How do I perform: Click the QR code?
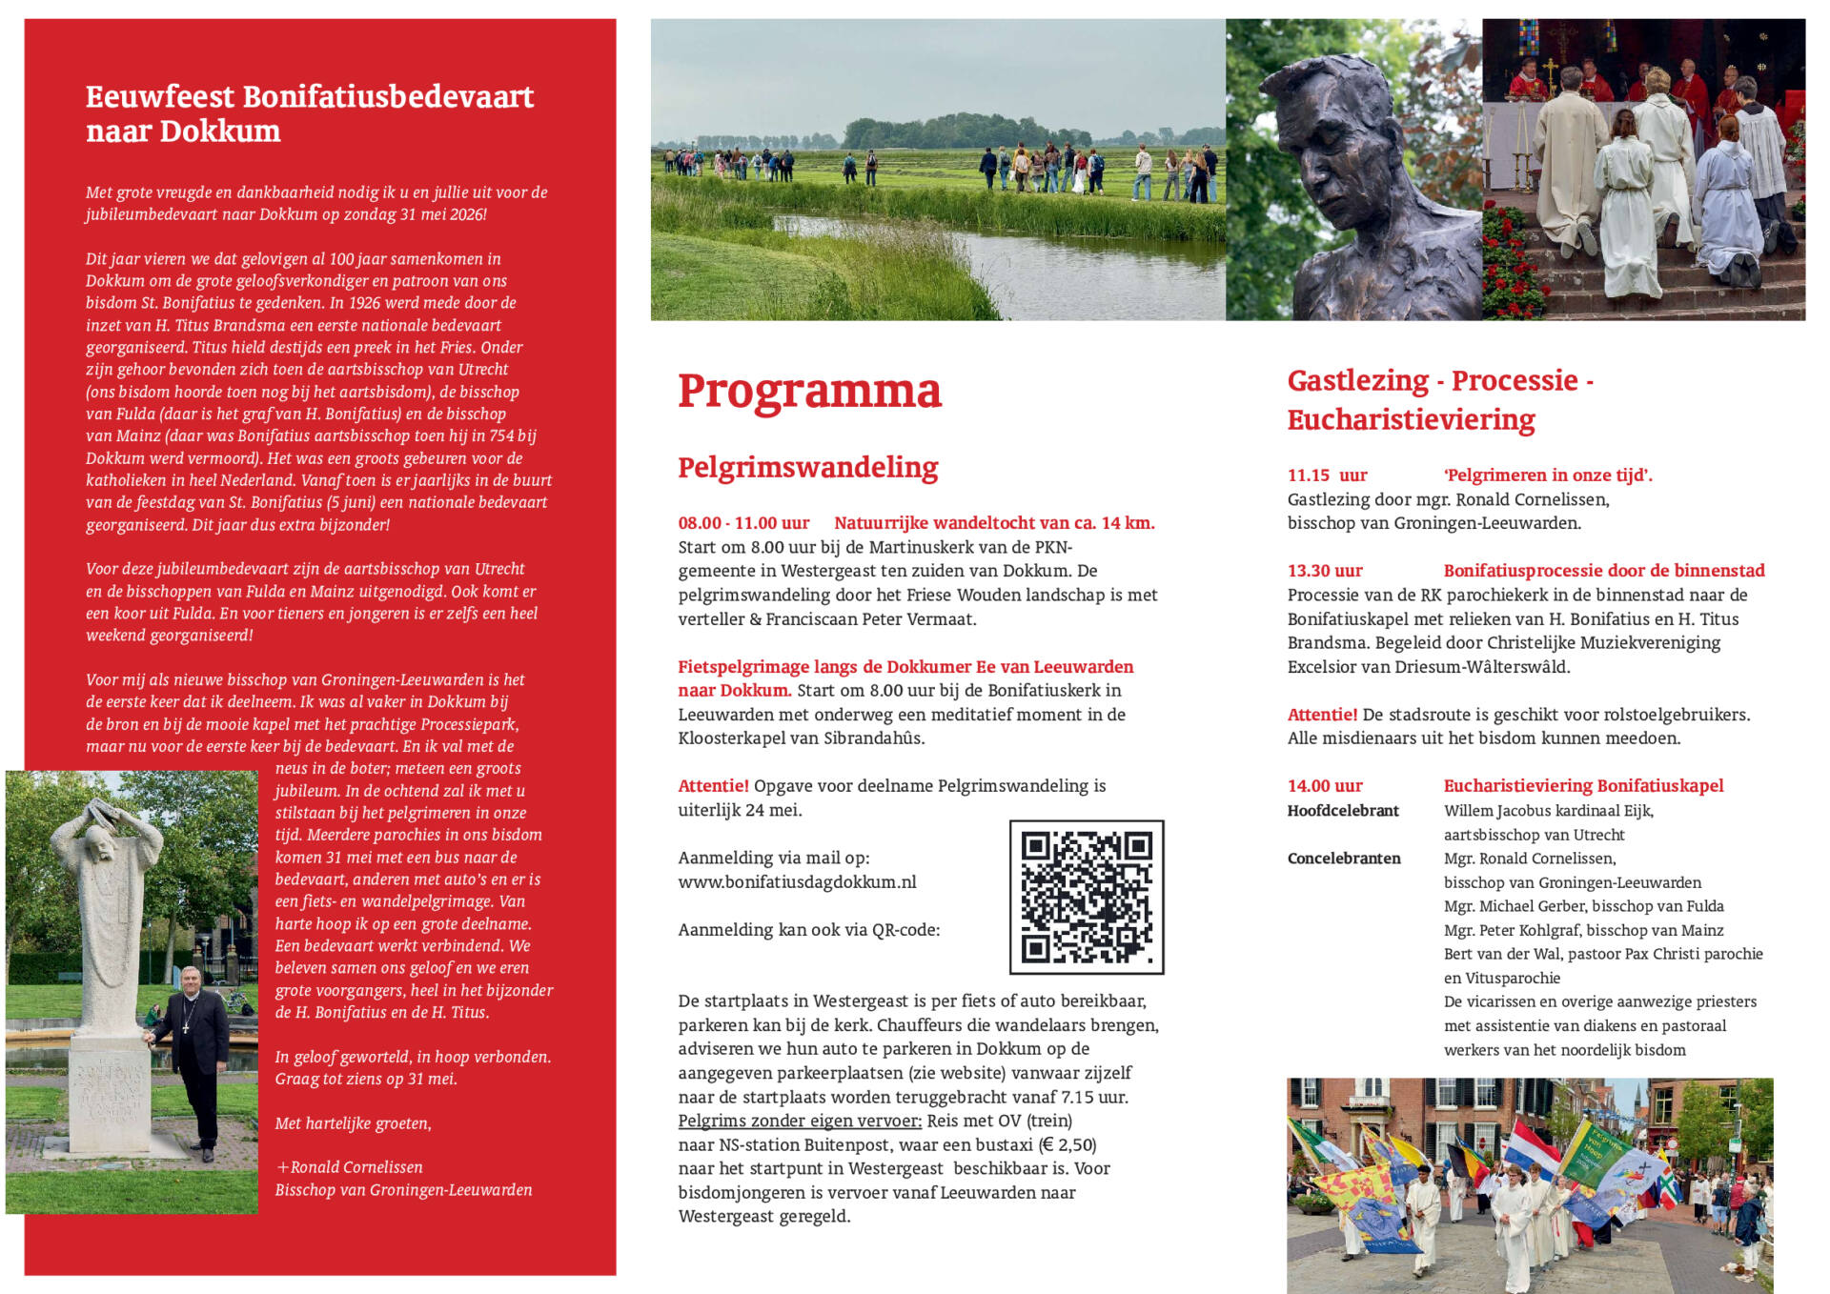tap(1087, 897)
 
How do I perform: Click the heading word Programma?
tap(809, 391)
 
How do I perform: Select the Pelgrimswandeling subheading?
tap(807, 467)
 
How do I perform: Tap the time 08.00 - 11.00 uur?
tap(743, 523)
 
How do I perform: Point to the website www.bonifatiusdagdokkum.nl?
tap(797, 882)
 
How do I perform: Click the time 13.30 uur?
tap(1325, 571)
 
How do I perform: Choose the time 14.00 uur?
tap(1325, 786)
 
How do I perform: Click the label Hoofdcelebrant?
tap(1343, 811)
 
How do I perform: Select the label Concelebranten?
tap(1344, 859)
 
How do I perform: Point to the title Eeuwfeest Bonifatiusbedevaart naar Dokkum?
tap(310, 113)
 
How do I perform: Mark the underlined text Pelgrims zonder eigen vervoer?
tap(800, 1121)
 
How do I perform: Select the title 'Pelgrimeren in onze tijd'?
tap(1548, 475)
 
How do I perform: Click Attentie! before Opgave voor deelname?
tap(713, 786)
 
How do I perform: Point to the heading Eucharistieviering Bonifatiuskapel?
tap(1583, 786)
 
